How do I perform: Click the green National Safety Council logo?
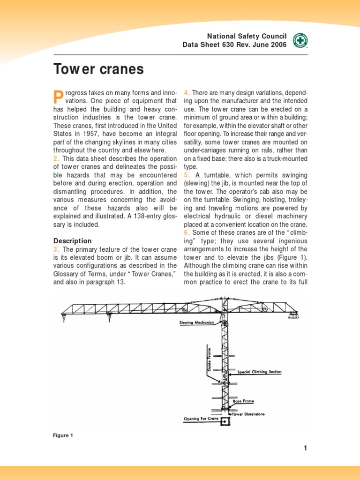coord(300,41)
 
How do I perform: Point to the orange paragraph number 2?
coord(54,158)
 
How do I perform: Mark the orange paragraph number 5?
coord(186,175)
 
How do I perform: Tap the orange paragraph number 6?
coord(186,233)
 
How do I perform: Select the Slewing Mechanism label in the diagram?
coord(196,322)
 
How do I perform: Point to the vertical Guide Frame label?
coord(210,359)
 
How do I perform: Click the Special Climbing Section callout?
coord(259,372)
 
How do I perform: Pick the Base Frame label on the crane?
coord(244,402)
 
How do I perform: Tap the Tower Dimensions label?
coord(248,414)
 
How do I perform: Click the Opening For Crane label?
coord(201,419)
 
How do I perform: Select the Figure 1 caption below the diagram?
coord(63,435)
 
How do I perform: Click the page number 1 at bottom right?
coord(305,448)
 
